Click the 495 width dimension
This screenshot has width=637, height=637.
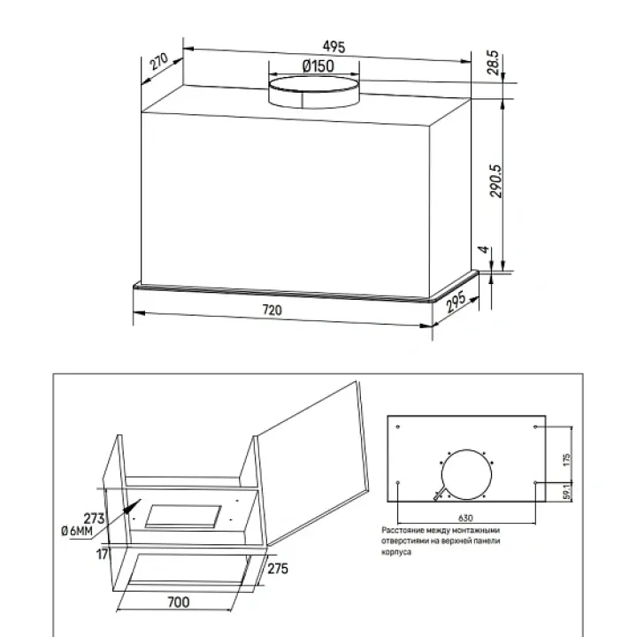[334, 47]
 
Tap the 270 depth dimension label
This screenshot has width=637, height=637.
[158, 61]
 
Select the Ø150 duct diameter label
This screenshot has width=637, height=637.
[318, 65]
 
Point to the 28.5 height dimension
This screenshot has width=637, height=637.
[493, 63]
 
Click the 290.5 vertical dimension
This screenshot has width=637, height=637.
[495, 180]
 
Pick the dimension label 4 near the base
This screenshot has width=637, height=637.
[483, 249]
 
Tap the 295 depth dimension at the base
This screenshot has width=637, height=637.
[456, 303]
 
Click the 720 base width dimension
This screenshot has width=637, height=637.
[272, 310]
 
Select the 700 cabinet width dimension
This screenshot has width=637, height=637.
[179, 602]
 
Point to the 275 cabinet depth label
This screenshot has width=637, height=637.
[278, 568]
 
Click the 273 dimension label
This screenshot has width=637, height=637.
[95, 518]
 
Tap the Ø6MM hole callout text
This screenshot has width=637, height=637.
[77, 531]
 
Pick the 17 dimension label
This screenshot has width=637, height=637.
[103, 554]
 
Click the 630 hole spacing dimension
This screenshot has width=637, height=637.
[465, 518]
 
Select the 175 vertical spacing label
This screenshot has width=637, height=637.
[567, 459]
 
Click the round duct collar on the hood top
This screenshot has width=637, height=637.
[314, 92]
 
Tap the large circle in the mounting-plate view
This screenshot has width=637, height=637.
[466, 474]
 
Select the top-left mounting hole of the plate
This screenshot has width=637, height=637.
[398, 426]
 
